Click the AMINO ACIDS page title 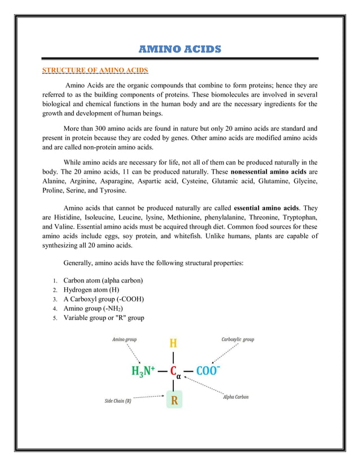click(x=180, y=50)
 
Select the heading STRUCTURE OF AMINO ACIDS click(x=95, y=71)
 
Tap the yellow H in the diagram click(x=173, y=342)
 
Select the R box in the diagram click(x=174, y=401)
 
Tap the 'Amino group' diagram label click(x=124, y=340)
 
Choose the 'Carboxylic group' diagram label click(x=238, y=340)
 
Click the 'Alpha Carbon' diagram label click(x=236, y=397)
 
